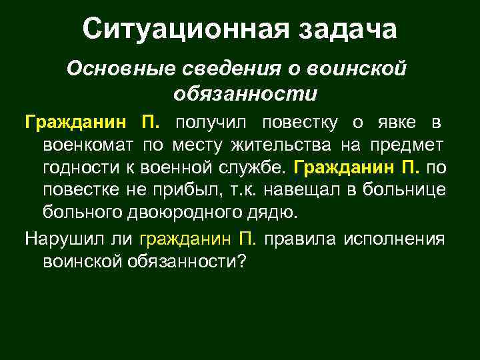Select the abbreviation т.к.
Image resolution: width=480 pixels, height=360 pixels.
coord(243,190)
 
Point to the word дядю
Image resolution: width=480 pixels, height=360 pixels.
coord(273,212)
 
